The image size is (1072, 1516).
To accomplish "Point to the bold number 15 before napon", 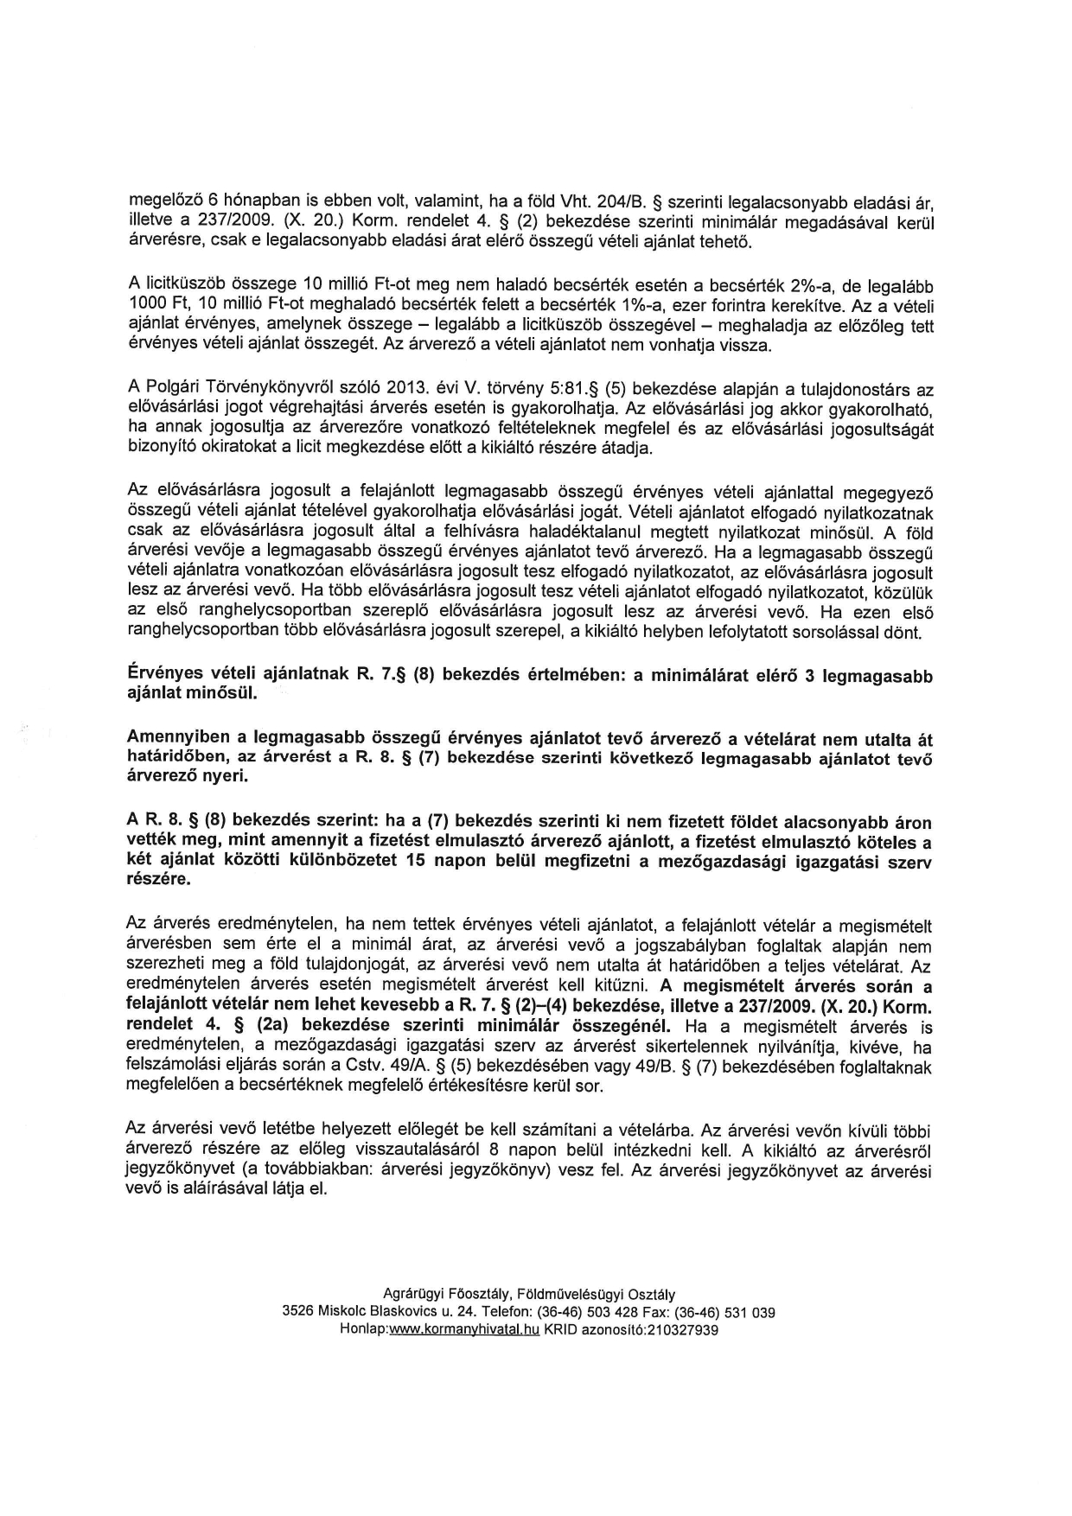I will [x=425, y=861].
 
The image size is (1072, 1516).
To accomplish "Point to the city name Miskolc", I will [x=344, y=1312].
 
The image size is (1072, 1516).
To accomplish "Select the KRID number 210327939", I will [x=679, y=1331].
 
